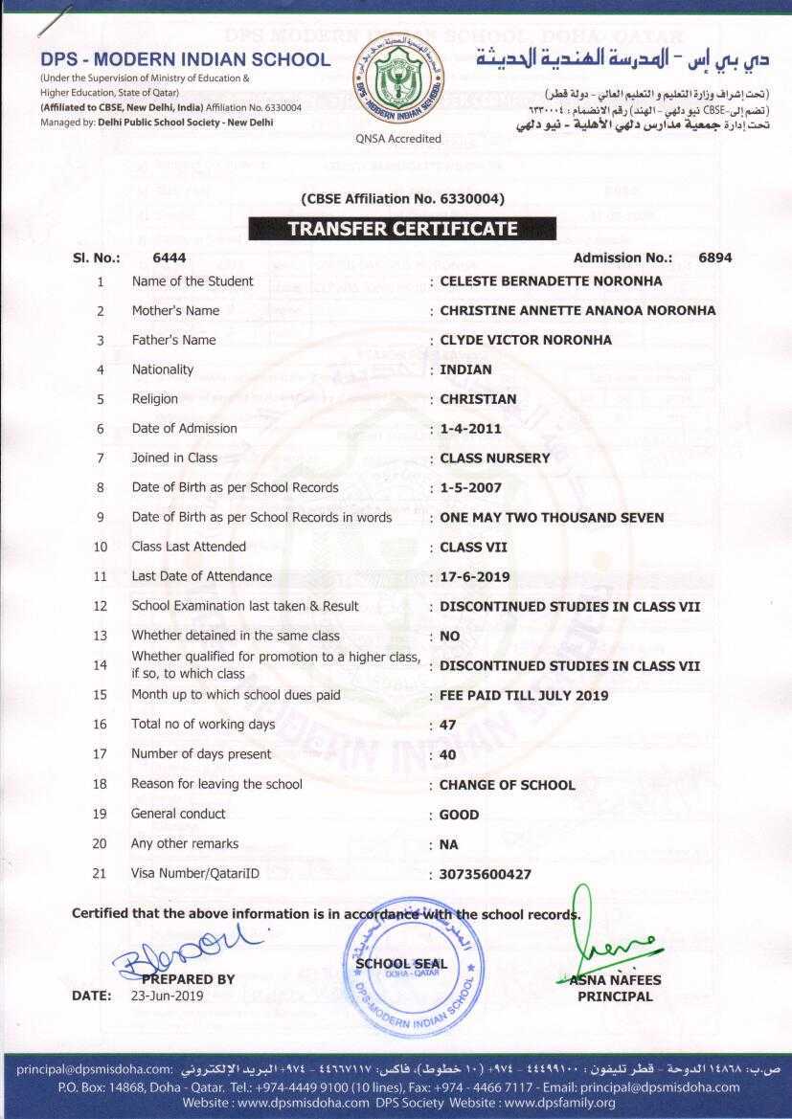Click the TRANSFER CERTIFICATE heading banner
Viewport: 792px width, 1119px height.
pos(402,229)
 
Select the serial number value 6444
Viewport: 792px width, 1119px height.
pos(169,257)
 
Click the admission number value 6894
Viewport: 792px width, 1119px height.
pos(715,257)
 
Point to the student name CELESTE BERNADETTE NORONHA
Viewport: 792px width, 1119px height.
pos(551,281)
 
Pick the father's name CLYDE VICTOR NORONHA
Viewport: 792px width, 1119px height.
pos(526,340)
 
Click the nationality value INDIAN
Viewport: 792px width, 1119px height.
pos(465,369)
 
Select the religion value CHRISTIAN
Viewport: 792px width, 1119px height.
pos(478,399)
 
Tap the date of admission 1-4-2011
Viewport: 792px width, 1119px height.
pos(470,429)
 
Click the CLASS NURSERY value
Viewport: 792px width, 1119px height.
pos(495,459)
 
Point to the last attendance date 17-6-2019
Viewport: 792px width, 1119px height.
pos(475,577)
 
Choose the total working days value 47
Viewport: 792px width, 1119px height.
pos(448,726)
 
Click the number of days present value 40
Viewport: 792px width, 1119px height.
pos(448,755)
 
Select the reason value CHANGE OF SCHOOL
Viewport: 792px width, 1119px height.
pos(508,785)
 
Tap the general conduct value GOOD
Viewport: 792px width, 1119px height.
pos(460,815)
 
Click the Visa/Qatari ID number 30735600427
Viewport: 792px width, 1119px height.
pos(486,874)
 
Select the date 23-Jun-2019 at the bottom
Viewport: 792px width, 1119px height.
pos(168,996)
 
